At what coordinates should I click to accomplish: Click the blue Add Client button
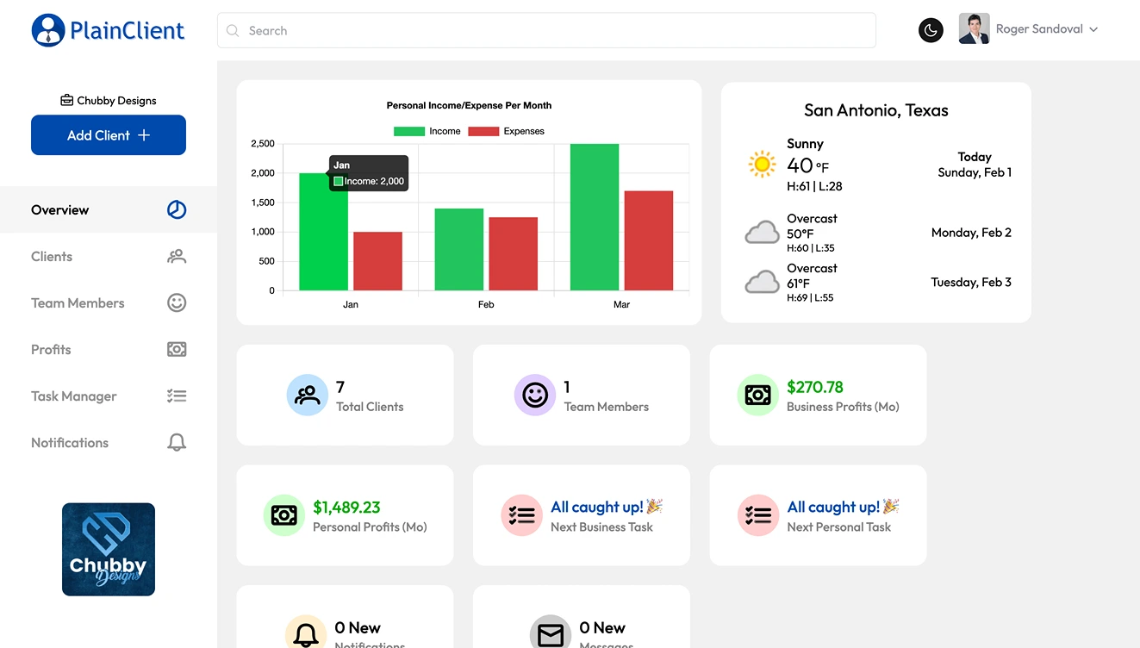[109, 135]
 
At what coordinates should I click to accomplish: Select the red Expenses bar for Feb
[513, 254]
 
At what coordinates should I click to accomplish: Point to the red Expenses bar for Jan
[377, 261]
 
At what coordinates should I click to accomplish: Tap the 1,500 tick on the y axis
[263, 202]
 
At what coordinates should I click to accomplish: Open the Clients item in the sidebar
[52, 257]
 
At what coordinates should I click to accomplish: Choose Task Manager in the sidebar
[74, 396]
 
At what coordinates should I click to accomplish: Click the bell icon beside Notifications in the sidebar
[177, 443]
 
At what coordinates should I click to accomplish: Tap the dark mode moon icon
[931, 30]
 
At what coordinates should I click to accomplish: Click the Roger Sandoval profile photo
[974, 29]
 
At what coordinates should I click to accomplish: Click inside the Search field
[546, 30]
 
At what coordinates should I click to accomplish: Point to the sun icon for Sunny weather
[762, 164]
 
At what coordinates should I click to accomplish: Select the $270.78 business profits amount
[814, 387]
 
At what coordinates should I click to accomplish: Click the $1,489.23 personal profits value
[346, 508]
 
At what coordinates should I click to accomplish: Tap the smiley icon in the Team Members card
[535, 396]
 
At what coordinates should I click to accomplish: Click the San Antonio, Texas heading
[875, 110]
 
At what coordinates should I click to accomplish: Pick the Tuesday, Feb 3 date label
[971, 282]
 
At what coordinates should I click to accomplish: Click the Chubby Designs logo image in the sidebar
[109, 550]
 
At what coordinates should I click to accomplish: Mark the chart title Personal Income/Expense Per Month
[469, 105]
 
